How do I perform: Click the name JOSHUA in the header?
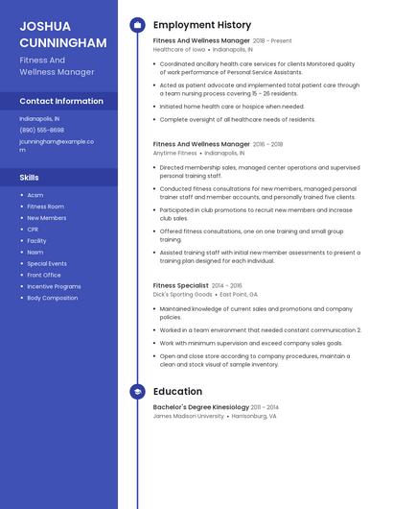[x=43, y=27]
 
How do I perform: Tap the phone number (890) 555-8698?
[x=42, y=130]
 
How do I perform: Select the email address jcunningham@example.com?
[x=57, y=145]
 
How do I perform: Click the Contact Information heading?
[x=61, y=101]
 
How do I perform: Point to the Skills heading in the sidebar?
[x=30, y=178]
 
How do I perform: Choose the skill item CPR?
[x=33, y=230]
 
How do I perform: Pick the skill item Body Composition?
[x=53, y=298]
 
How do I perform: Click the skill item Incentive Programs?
[x=54, y=286]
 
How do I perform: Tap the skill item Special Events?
[x=47, y=263]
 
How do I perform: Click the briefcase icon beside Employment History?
[x=137, y=25]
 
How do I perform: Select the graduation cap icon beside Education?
[x=137, y=392]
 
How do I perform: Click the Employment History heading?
[x=202, y=25]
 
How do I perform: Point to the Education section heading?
[x=177, y=392]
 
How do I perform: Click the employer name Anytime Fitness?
[x=174, y=153]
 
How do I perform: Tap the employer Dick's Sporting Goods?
[x=183, y=295]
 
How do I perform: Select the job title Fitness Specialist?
[x=180, y=285]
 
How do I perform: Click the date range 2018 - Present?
[x=272, y=41]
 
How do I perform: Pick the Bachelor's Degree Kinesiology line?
[x=200, y=407]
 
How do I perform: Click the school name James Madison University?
[x=188, y=417]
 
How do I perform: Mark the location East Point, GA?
[x=239, y=295]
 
